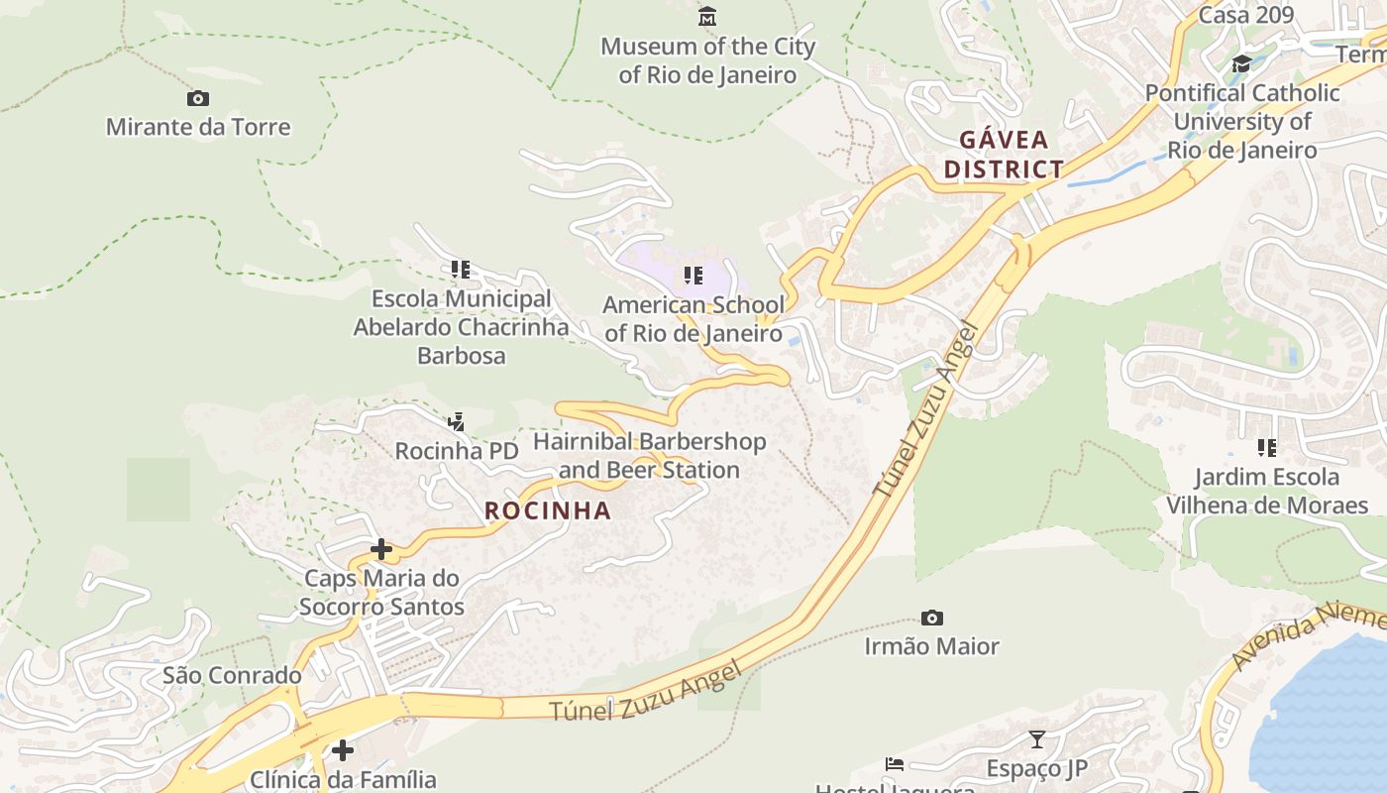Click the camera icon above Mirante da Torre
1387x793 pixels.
198,98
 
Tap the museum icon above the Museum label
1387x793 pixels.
707,17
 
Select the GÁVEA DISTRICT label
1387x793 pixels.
1004,154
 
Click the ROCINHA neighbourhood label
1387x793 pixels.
548,510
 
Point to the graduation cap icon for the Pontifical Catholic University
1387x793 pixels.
1241,64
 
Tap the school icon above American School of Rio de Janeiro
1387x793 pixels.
693,275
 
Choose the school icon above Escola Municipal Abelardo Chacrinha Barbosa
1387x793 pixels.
461,269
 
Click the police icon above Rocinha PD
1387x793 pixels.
456,422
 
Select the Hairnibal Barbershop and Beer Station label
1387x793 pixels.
650,455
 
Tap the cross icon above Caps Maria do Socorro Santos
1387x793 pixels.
381,548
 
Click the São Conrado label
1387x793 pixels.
232,675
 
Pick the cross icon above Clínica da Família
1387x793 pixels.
343,749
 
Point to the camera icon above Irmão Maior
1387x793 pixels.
931,618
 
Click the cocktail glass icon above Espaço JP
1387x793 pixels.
1036,739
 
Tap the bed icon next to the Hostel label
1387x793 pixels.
894,764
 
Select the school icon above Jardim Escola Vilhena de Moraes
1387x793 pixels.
1266,448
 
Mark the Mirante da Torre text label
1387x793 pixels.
198,127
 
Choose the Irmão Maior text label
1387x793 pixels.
931,646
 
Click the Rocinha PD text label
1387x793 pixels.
457,451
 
